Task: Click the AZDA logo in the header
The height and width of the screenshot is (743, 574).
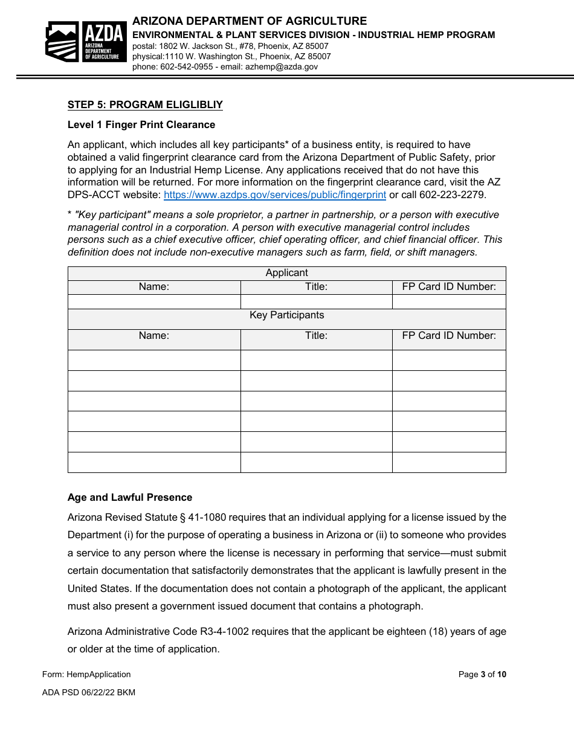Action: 86,42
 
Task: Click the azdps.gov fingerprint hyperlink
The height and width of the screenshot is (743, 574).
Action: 275,195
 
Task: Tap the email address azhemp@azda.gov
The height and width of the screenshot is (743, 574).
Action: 281,67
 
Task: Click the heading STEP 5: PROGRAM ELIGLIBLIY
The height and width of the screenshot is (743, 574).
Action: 145,105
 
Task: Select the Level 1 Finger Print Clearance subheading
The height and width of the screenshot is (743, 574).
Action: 141,125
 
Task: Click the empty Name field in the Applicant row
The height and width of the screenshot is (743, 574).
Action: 154,301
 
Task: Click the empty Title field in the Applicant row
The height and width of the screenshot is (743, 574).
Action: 316,301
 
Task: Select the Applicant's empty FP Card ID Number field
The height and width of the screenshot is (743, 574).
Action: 449,301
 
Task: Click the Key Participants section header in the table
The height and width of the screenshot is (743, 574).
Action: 286,315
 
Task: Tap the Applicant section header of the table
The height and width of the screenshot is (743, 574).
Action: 286,273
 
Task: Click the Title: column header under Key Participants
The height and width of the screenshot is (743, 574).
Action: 316,336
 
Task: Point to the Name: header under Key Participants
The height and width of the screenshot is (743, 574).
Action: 154,336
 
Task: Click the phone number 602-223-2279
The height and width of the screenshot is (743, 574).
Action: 457,195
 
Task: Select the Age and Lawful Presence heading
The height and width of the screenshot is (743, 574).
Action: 130,498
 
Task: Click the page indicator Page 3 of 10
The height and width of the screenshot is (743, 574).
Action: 482,675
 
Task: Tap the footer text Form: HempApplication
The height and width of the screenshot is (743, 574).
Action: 86,675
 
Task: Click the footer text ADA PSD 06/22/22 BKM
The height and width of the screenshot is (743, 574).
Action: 89,693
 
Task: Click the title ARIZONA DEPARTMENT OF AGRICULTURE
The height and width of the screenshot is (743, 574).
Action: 250,22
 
